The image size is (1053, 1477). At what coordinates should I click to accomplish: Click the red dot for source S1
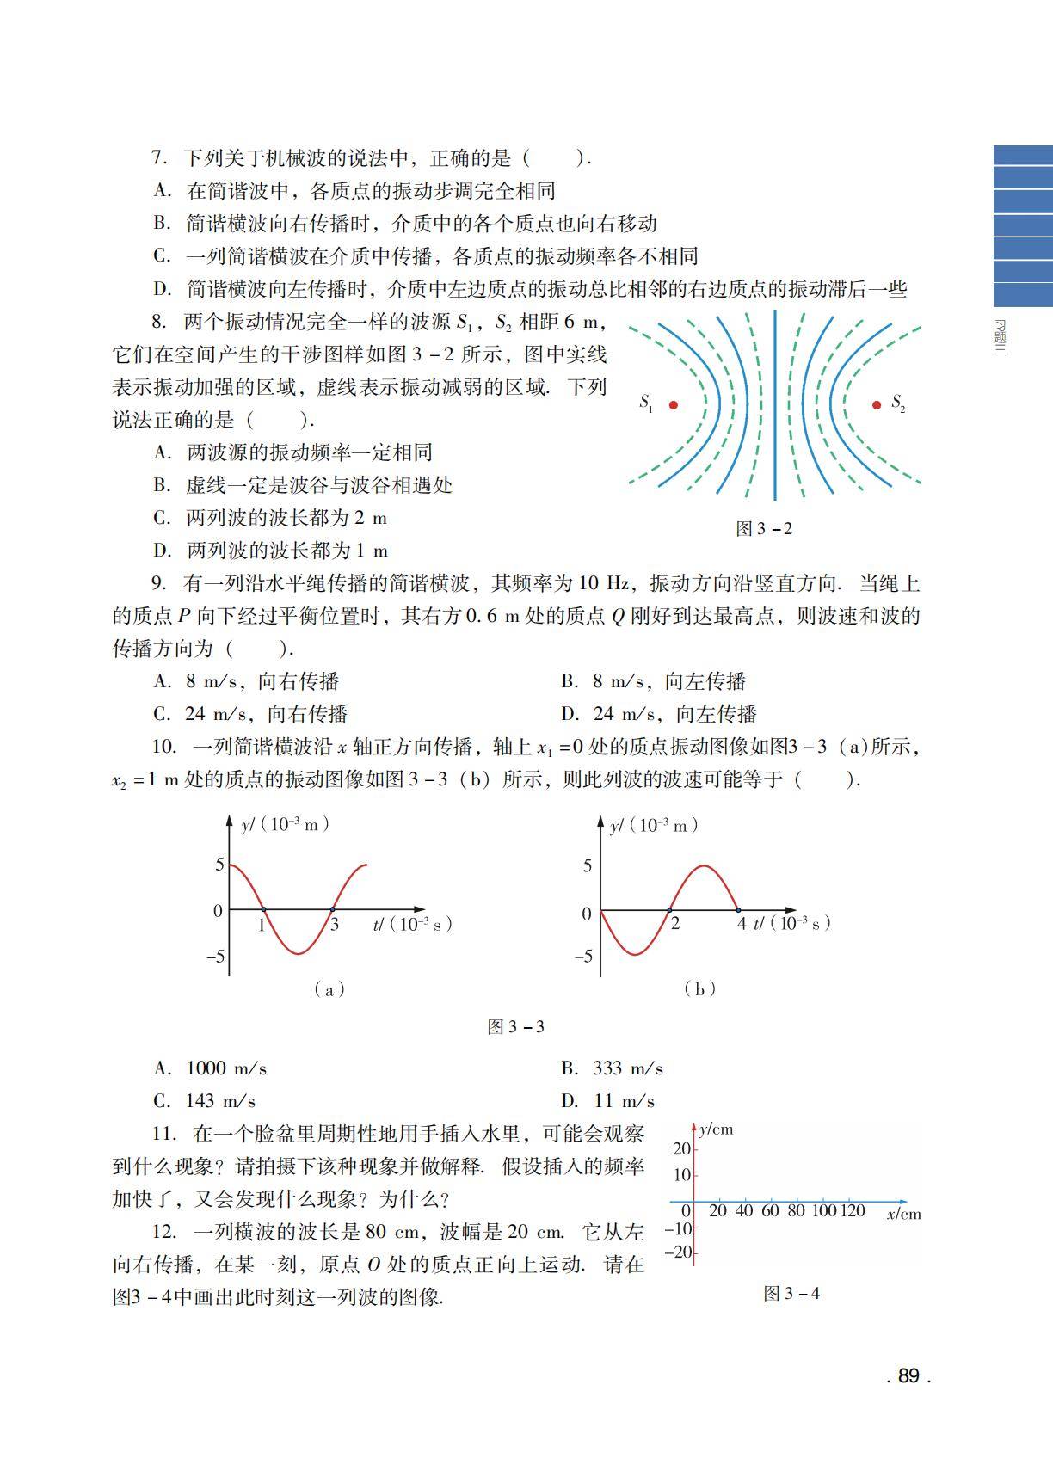674,404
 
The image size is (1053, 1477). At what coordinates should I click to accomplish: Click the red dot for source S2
877,404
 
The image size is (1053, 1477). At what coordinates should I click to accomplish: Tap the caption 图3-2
764,528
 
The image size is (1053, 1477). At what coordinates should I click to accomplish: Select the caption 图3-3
516,1026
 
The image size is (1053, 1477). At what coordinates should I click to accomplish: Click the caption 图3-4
791,1294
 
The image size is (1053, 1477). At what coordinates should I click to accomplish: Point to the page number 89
908,1375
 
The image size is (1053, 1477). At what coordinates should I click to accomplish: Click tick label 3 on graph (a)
335,926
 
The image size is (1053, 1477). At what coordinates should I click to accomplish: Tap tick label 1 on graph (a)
262,926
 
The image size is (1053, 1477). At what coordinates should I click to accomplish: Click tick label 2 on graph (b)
674,924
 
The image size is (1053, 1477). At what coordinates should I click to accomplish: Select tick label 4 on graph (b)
741,924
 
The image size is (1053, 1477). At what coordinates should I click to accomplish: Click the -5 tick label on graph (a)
214,956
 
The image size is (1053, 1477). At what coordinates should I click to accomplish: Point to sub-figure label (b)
699,988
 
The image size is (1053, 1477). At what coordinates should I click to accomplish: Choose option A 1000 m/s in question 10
211,1068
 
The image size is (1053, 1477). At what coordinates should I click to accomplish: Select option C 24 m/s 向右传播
250,714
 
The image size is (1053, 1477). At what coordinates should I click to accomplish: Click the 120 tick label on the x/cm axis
852,1211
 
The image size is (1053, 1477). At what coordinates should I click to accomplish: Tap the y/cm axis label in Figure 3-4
716,1129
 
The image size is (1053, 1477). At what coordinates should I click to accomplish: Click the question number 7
158,157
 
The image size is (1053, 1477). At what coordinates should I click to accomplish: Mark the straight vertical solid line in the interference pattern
775,404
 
